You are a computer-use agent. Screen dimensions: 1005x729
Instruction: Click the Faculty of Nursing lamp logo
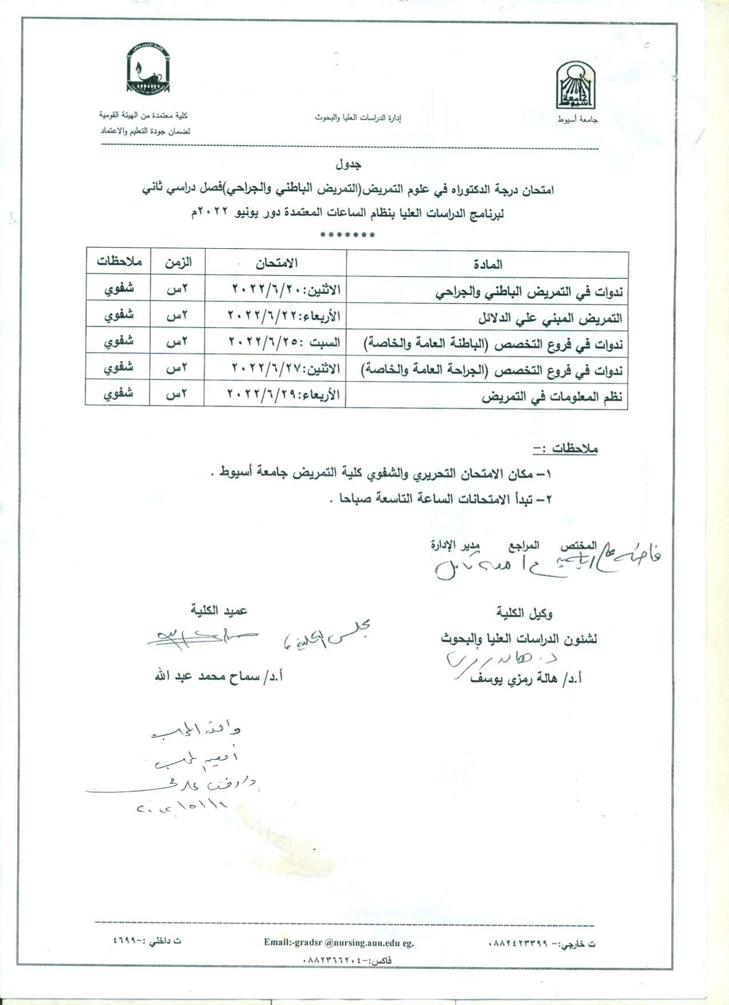click(148, 69)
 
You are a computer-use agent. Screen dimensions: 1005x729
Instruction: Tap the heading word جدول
click(348, 165)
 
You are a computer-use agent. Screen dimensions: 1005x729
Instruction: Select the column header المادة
click(488, 264)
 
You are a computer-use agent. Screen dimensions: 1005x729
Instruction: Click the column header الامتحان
click(276, 263)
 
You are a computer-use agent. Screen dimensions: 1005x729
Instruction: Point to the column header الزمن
click(178, 263)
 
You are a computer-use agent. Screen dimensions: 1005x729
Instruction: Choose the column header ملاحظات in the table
click(119, 261)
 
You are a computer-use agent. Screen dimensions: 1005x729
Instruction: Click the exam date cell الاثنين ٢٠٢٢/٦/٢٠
click(286, 289)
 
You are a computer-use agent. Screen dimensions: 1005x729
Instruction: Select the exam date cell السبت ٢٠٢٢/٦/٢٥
click(284, 342)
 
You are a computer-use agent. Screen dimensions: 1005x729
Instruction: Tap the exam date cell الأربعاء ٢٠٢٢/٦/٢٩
click(284, 395)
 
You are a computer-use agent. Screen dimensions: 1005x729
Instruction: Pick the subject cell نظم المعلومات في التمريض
click(552, 397)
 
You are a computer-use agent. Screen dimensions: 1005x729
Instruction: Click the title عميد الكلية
click(219, 611)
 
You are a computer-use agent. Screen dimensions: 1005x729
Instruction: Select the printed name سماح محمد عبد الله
click(219, 677)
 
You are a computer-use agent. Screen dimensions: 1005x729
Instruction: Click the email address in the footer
click(338, 943)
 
